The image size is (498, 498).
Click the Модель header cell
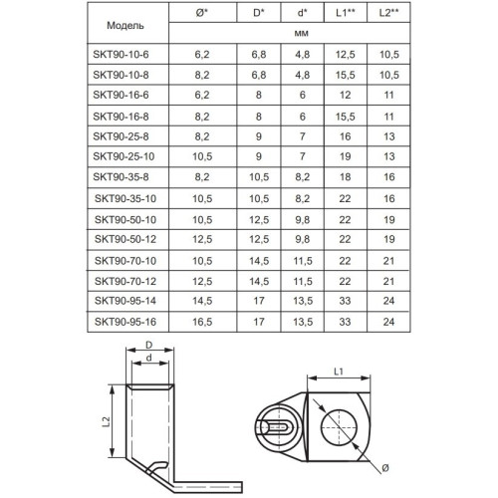point(125,26)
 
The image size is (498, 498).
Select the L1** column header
point(346,13)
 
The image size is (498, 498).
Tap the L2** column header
point(388,13)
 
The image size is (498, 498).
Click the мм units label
point(302,34)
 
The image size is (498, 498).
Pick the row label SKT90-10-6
point(121,54)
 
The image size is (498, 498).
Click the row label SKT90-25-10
point(124,156)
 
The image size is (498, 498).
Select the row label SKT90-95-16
point(125,322)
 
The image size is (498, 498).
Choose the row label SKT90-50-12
point(125,239)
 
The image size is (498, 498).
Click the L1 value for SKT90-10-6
point(346,55)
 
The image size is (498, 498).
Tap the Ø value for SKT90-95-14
point(202,301)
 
